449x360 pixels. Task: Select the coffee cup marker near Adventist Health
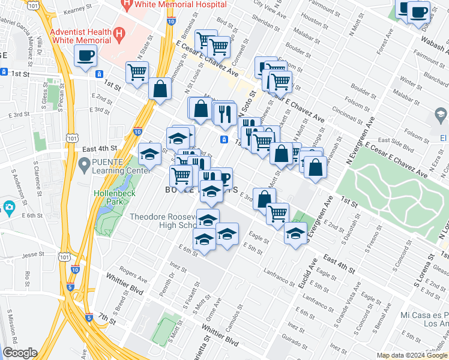point(85,56)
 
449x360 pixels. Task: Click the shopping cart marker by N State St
point(137,72)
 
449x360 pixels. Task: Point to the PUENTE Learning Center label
point(119,166)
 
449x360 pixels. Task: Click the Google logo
point(20,353)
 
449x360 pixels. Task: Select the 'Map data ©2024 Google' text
point(412,355)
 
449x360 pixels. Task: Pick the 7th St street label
point(106,316)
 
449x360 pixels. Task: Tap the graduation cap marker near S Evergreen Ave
point(295,233)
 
